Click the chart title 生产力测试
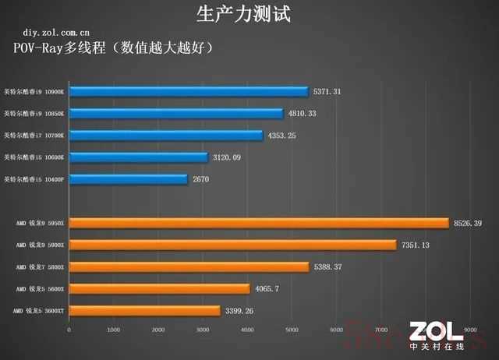[x=249, y=13]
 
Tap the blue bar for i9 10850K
[x=176, y=114]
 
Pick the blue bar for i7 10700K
[x=166, y=136]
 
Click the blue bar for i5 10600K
[x=139, y=157]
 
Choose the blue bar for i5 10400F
[x=129, y=179]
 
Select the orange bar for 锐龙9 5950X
[x=259, y=224]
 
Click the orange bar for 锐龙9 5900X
[x=232, y=245]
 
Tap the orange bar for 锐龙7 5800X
[x=189, y=267]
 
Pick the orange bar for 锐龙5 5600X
[x=159, y=289]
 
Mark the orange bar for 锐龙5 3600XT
[x=144, y=311]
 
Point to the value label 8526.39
[x=467, y=224]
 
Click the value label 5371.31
[x=327, y=92]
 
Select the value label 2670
[x=202, y=179]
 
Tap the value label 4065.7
[x=267, y=289]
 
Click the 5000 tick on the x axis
[x=292, y=330]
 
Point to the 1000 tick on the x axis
[x=114, y=330]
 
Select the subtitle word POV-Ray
[x=41, y=48]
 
